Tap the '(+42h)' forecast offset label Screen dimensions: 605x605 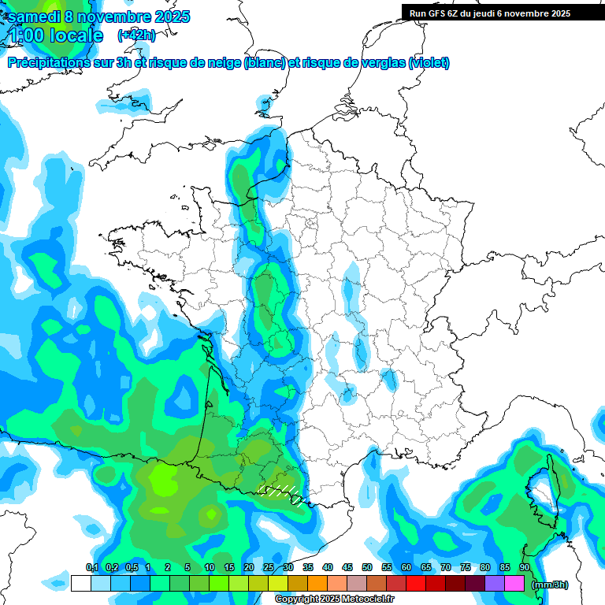(136, 35)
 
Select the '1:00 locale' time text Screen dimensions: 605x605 (57, 35)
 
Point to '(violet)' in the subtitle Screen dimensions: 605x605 (429, 63)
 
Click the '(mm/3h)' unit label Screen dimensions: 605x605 (549, 584)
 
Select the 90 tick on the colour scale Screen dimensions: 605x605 (525, 567)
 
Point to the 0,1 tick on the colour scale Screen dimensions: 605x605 (91, 567)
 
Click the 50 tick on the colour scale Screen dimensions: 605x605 (367, 567)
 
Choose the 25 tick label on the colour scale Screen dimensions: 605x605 (269, 567)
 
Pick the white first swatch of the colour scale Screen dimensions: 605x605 (80, 584)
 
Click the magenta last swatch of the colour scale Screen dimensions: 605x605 (514, 584)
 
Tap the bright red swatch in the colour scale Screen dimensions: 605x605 (416, 584)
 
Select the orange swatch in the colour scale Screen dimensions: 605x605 (317, 584)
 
